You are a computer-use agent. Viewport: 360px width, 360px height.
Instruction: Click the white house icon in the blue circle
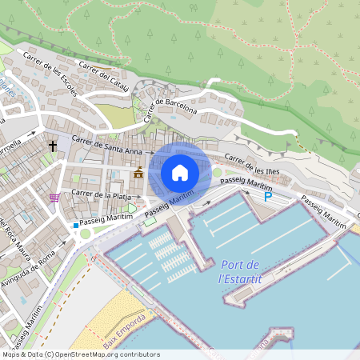[x=180, y=172]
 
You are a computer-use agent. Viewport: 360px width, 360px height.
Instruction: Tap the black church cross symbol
[x=53, y=146]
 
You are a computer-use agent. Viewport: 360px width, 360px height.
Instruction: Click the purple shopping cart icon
[x=54, y=198]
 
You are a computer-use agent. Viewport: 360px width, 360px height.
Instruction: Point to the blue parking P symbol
[x=269, y=196]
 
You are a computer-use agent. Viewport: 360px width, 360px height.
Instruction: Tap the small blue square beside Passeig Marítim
[x=76, y=226]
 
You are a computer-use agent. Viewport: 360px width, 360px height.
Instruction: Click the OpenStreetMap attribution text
[x=81, y=354]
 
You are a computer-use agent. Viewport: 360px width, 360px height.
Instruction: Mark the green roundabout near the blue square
[x=86, y=234]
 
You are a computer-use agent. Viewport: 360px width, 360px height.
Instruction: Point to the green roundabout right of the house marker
[x=217, y=172]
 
